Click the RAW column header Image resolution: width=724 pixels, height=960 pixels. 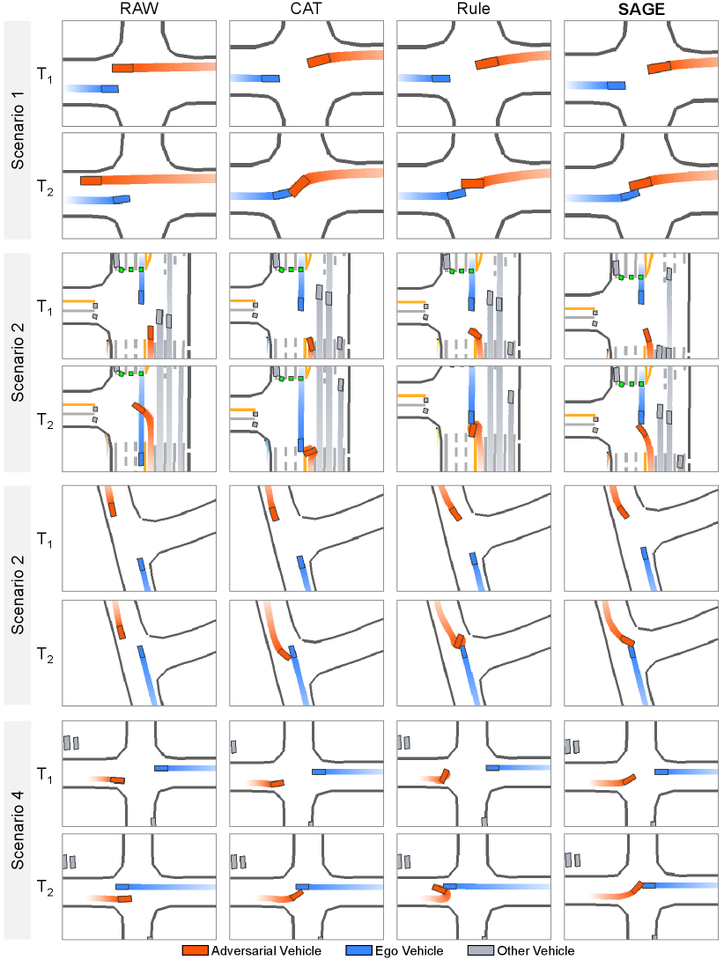point(138,9)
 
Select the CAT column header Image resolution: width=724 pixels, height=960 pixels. point(305,9)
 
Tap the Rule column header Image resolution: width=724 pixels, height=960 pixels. point(472,9)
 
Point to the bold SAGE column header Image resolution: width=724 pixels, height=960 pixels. point(639,9)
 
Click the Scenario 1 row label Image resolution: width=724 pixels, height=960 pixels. point(18,129)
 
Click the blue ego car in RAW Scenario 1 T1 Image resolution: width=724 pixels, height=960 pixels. point(109,88)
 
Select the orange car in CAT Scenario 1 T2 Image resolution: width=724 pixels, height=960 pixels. point(299,187)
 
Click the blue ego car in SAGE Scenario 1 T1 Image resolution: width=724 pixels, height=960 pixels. point(617,85)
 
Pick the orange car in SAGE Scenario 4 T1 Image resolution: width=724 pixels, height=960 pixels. point(629,779)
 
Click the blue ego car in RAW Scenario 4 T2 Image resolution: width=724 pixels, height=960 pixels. point(122,887)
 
